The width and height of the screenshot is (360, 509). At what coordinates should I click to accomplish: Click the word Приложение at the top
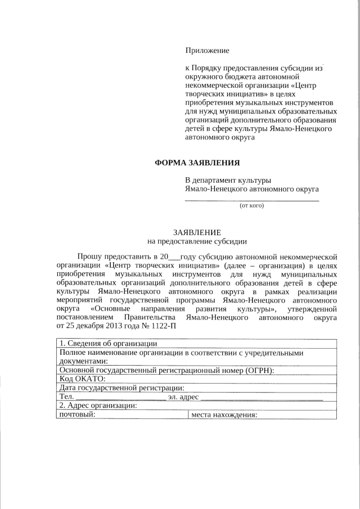pos(207,51)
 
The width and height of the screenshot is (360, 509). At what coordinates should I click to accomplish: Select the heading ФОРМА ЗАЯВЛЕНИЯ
pos(197,163)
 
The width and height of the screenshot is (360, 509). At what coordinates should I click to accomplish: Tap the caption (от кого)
pos(252,205)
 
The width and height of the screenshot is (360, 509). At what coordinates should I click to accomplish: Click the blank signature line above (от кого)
pos(252,200)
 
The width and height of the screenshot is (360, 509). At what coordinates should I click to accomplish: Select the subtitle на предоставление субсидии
pos(197,242)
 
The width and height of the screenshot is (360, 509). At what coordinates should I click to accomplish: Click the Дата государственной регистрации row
pos(121,388)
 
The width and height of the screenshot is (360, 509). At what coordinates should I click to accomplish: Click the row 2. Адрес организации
pos(98,406)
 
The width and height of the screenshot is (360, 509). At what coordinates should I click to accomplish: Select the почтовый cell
pos(76,415)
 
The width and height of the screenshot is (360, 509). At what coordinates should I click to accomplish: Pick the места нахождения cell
pos(224,415)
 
